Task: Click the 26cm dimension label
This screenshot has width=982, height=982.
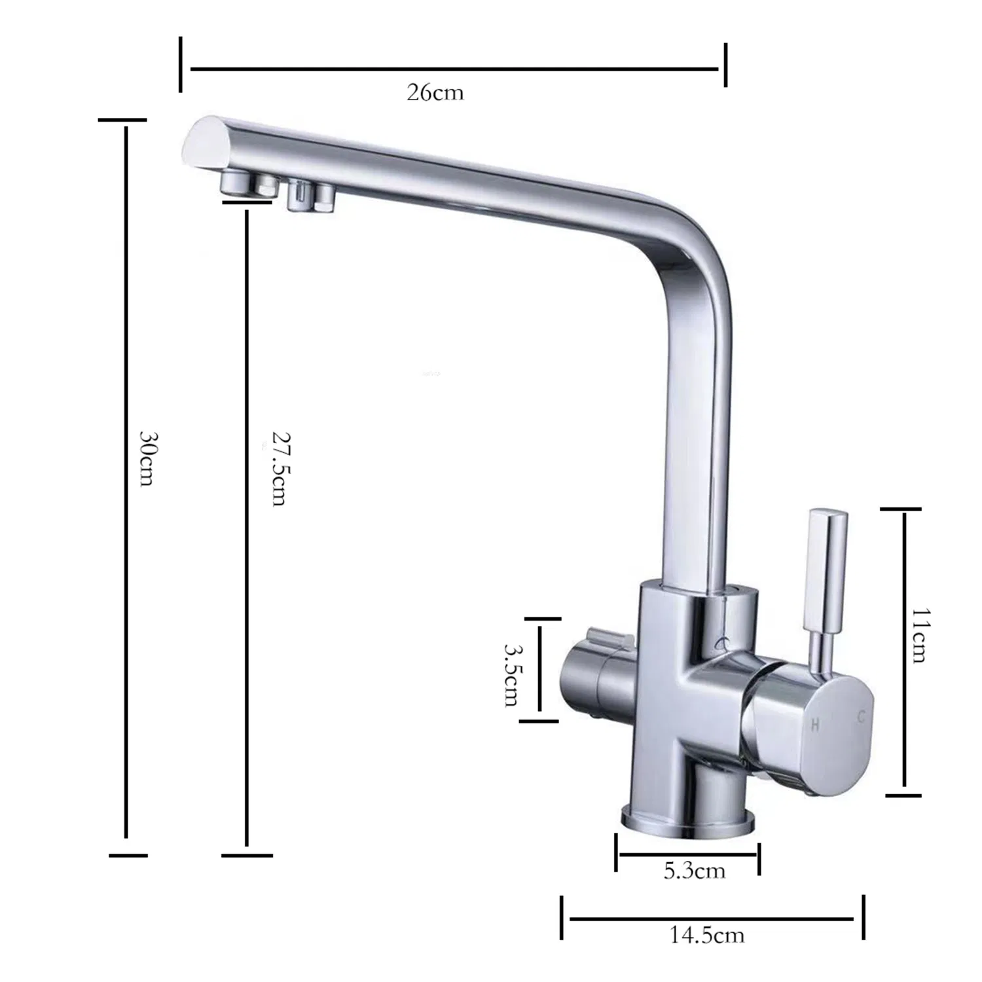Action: tap(435, 92)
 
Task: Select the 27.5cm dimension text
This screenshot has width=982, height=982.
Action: tap(279, 469)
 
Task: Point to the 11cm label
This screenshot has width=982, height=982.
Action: tap(918, 635)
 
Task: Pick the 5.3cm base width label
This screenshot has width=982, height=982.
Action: tap(695, 871)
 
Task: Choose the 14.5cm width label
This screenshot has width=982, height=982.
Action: tap(707, 934)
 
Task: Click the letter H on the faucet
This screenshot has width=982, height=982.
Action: tap(816, 724)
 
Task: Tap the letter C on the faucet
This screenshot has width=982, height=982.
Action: tap(862, 718)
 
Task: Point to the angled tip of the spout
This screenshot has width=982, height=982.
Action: tap(200, 141)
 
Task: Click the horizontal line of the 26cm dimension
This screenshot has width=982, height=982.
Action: tap(454, 68)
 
